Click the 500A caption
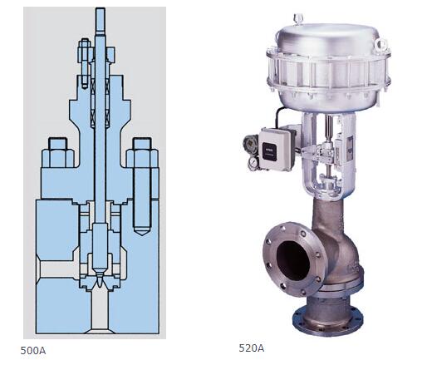click(33, 351)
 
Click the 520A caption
click(252, 348)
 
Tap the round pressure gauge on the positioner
click(253, 163)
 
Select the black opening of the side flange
click(292, 260)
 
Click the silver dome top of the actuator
click(328, 38)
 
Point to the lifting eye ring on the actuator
click(380, 44)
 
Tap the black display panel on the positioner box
click(269, 151)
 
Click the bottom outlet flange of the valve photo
click(328, 319)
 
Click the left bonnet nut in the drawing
click(58, 153)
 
